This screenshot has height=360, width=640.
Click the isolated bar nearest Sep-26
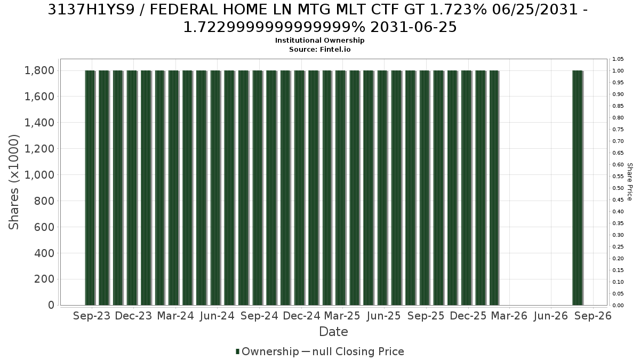(x=578, y=188)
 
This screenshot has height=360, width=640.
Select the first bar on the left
(x=90, y=188)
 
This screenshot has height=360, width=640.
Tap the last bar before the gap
(x=494, y=188)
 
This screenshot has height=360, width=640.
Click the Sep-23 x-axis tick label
(x=92, y=316)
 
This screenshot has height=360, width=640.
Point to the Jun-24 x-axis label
(x=217, y=316)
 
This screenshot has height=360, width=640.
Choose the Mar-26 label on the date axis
(x=509, y=316)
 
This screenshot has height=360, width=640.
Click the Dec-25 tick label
(x=468, y=316)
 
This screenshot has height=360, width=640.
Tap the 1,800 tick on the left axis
(x=39, y=70)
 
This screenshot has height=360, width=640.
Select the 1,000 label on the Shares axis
(x=39, y=175)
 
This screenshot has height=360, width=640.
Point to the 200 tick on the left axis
(x=44, y=279)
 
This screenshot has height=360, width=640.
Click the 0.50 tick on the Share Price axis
(x=618, y=188)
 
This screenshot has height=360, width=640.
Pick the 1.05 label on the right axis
(x=618, y=59)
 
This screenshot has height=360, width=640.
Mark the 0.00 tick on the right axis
(x=618, y=306)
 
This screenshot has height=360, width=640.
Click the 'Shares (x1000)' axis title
(x=14, y=182)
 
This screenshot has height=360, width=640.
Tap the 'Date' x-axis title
(x=333, y=332)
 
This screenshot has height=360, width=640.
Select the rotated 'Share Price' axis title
(x=630, y=182)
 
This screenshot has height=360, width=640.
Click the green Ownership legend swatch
(x=237, y=351)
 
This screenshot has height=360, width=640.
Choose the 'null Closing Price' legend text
(x=358, y=351)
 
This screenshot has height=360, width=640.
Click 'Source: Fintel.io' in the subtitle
(x=319, y=50)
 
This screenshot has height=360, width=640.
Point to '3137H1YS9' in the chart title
(x=91, y=10)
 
